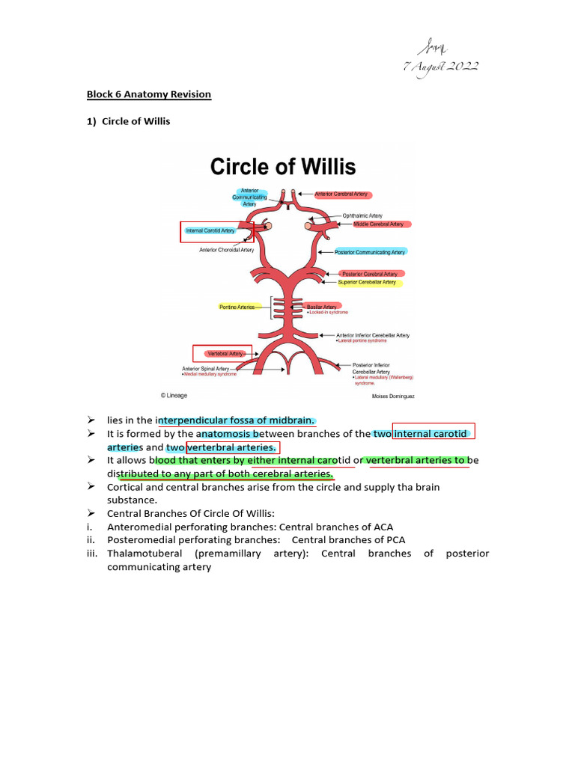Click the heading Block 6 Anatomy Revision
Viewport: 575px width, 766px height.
(x=149, y=94)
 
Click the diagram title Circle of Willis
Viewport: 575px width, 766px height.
(x=283, y=166)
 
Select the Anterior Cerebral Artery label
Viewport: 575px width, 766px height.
(x=341, y=194)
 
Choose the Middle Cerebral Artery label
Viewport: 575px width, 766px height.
(x=378, y=224)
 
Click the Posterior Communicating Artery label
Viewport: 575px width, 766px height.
(x=370, y=252)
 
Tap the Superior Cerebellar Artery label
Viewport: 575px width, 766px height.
(x=367, y=283)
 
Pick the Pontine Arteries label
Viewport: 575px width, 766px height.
(x=235, y=307)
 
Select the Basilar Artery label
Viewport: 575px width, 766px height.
(x=321, y=307)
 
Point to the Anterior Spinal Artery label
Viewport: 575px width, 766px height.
(x=205, y=368)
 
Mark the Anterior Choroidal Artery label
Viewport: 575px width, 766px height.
(x=226, y=250)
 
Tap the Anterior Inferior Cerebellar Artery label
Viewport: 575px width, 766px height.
(x=372, y=335)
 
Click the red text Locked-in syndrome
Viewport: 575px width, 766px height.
(x=328, y=313)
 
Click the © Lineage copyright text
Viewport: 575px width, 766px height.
(x=174, y=395)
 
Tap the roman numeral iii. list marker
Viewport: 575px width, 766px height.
(x=93, y=554)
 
